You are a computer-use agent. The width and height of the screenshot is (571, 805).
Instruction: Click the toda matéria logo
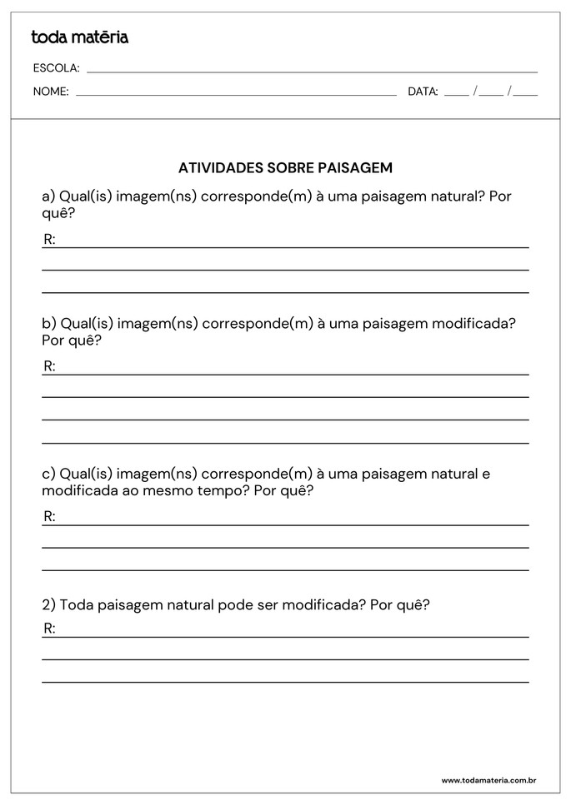(x=79, y=37)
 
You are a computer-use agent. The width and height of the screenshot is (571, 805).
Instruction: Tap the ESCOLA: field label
(x=56, y=68)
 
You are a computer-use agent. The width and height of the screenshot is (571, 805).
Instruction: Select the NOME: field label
(x=51, y=92)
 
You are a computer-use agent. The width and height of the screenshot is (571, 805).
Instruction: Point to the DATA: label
(x=423, y=92)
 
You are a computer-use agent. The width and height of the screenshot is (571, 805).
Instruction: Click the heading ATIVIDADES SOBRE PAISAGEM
(x=285, y=168)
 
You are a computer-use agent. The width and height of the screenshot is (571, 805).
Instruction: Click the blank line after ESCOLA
(x=312, y=72)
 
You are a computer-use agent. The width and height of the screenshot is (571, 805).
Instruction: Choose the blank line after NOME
(x=236, y=95)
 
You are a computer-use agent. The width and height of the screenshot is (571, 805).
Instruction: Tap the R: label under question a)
(x=49, y=240)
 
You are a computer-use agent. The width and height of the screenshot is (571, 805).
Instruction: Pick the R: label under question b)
(x=49, y=366)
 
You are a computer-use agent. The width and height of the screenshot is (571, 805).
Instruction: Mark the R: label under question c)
(x=49, y=517)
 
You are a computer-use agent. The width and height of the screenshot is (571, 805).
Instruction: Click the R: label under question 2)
(x=49, y=629)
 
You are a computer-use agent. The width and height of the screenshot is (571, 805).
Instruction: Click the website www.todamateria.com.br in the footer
(x=488, y=780)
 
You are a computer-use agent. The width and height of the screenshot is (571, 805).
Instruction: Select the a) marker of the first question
(x=48, y=196)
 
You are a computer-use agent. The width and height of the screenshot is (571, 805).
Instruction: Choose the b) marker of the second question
(x=49, y=323)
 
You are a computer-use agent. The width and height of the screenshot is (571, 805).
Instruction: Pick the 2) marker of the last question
(x=48, y=605)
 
